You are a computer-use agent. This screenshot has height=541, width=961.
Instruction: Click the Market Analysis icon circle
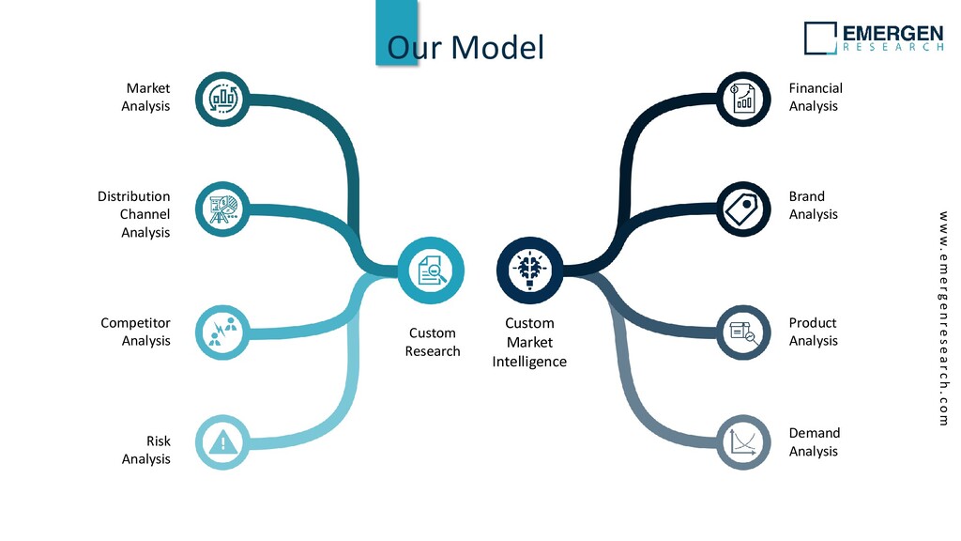pos(223,98)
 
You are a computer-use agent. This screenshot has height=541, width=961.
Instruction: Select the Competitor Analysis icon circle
pos(223,331)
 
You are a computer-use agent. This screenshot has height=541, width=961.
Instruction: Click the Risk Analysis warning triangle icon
pos(223,441)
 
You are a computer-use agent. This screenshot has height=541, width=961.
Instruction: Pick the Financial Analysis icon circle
pos(743,98)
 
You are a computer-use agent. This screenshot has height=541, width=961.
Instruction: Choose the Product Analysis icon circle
pos(743,331)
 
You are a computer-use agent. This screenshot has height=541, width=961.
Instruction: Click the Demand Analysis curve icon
pos(743,441)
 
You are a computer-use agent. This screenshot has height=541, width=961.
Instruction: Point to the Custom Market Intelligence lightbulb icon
pos(529,270)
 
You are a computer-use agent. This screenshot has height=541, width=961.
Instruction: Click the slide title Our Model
pos(465,47)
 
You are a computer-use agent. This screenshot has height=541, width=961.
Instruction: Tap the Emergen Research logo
pos(874,38)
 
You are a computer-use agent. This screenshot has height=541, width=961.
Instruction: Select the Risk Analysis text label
pos(146,450)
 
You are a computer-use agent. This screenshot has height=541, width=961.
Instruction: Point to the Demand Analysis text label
pos(814,442)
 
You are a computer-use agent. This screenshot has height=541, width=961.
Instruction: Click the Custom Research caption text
pos(433,342)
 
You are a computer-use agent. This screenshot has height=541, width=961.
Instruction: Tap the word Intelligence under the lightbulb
pos(529,362)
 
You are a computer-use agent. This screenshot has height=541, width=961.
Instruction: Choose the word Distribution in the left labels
pos(134,196)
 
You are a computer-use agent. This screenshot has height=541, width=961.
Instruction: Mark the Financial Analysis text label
pos(815,97)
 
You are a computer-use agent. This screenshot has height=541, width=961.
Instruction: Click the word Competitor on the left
pos(136,323)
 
